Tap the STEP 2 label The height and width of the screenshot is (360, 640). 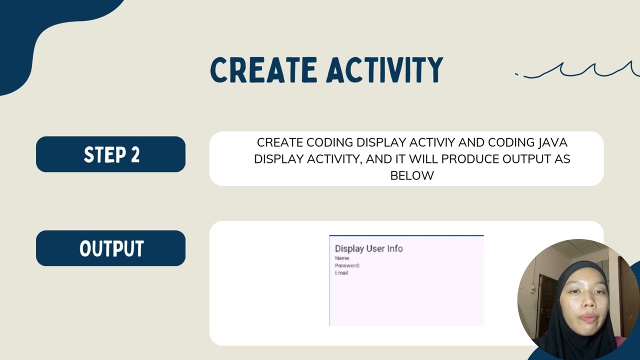111,154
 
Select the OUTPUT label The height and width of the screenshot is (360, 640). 111,248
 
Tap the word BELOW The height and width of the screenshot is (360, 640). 411,175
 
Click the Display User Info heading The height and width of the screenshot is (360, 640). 368,248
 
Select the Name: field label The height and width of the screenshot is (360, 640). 342,258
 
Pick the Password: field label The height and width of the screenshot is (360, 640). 347,265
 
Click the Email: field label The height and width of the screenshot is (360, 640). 341,273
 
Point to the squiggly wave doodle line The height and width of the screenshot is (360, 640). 580,70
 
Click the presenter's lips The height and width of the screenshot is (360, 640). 588,318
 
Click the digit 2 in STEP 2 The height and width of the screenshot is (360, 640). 134,154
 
